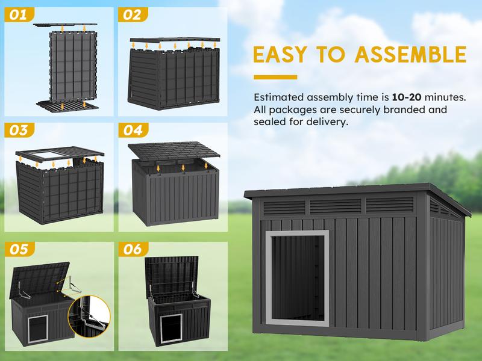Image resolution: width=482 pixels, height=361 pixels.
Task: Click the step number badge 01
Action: tap(19, 14)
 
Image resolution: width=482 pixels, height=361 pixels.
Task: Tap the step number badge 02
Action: tap(133, 14)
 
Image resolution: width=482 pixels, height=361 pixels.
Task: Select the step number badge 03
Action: tap(19, 130)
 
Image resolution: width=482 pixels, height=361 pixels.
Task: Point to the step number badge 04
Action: tap(133, 130)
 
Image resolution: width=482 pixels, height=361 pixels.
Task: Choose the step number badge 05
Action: tap(19, 249)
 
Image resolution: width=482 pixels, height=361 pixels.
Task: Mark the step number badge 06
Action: tap(133, 249)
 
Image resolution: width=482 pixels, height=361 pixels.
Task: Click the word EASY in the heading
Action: tap(280, 54)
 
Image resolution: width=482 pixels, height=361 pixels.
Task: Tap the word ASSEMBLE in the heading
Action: tap(411, 54)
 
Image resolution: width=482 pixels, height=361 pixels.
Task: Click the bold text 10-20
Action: tap(406, 97)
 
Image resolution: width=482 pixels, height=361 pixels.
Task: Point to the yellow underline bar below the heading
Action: tap(275, 77)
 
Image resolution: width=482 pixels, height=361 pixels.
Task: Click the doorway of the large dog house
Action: tap(297, 278)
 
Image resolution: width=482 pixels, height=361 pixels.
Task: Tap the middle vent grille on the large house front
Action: tap(336, 205)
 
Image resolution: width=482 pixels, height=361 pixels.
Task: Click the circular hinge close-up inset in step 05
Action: tap(89, 316)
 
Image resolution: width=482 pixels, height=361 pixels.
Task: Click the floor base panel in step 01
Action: tap(67, 106)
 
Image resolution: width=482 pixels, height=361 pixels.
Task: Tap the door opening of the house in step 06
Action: tap(171, 328)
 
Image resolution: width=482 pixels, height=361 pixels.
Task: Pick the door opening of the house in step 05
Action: tap(38, 329)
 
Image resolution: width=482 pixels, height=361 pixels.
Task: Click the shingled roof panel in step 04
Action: tap(174, 151)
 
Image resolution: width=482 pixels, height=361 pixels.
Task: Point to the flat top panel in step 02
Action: tap(175, 40)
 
